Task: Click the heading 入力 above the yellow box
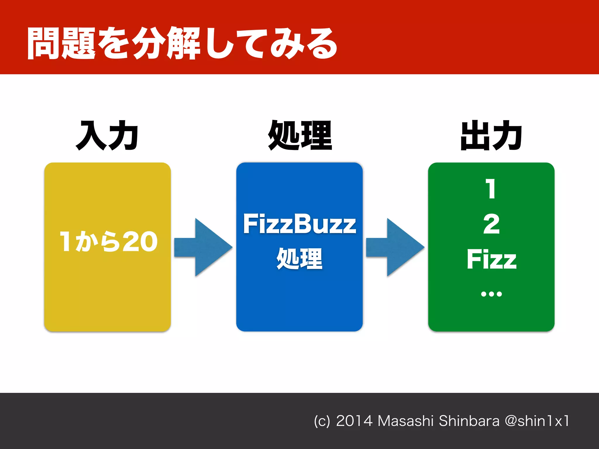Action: (107, 135)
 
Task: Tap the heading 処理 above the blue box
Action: (300, 135)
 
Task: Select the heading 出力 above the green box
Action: (491, 135)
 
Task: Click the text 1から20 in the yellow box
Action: (108, 241)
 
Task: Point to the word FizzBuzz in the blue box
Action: (299, 224)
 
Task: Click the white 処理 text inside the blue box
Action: (299, 259)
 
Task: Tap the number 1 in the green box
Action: (491, 189)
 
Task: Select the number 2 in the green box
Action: (491, 224)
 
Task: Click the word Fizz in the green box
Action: (491, 259)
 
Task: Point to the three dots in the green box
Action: (491, 294)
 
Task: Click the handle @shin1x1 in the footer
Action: (537, 421)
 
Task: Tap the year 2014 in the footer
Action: (354, 421)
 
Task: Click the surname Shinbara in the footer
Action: (469, 421)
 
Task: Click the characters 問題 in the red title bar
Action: (61, 43)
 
